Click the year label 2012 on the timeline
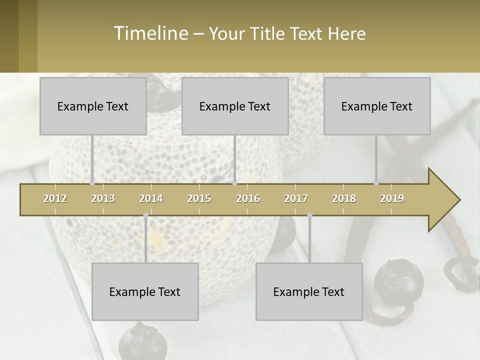55,198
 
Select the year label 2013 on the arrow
103,198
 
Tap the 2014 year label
151,198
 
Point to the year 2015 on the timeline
199,198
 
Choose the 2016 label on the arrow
248,198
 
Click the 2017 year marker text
296,198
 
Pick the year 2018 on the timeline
344,198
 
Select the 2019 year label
392,198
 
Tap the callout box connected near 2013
93,106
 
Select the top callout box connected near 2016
235,106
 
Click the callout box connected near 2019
377,106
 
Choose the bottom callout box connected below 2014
145,291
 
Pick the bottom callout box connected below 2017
309,291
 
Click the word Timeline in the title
150,33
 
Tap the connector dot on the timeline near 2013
92,183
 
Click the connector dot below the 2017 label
309,215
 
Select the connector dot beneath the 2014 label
145,215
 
